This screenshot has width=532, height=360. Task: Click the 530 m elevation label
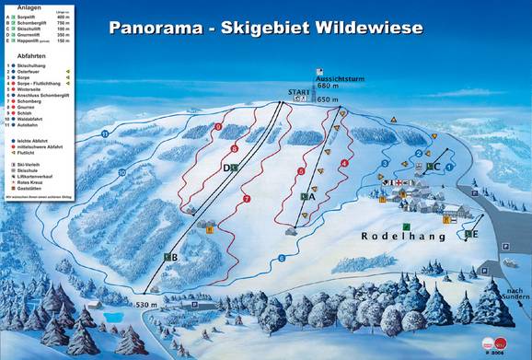click(147, 305)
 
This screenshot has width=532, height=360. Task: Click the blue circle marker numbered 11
click(106, 134)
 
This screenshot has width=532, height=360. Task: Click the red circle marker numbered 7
click(246, 199)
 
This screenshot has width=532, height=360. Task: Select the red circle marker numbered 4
click(344, 163)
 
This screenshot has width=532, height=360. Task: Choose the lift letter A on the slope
click(310, 196)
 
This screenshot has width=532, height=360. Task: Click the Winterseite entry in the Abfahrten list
click(32, 88)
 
